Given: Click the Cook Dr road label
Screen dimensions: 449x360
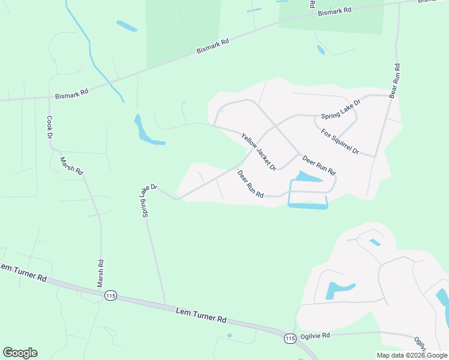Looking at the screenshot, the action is click(50, 127).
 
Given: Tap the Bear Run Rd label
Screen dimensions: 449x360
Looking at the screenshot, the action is click(395, 81).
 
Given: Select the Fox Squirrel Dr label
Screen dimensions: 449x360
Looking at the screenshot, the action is click(340, 142).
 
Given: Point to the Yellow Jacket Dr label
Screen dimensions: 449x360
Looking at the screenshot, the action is click(258, 152).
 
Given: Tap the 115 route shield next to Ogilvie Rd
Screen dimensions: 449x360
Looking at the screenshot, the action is click(290, 338).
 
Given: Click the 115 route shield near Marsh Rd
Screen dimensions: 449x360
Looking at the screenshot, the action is click(110, 296).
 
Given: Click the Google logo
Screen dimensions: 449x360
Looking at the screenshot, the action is click(20, 353).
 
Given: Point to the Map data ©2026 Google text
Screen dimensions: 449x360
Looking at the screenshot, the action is click(412, 355).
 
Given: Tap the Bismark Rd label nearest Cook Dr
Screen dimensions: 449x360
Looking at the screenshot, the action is click(72, 94).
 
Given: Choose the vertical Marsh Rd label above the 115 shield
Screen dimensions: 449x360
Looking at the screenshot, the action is click(101, 273).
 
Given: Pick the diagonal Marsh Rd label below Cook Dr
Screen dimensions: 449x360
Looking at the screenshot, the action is click(71, 165).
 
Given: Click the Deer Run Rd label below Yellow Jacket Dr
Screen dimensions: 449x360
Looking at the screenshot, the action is click(251, 184).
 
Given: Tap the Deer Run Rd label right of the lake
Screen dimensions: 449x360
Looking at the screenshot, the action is click(319, 166).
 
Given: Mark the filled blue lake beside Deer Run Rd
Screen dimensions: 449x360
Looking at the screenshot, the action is click(306, 178).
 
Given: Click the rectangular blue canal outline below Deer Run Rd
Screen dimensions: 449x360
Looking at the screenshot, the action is click(308, 206).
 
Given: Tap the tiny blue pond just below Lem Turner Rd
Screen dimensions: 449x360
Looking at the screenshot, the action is click(229, 335).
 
